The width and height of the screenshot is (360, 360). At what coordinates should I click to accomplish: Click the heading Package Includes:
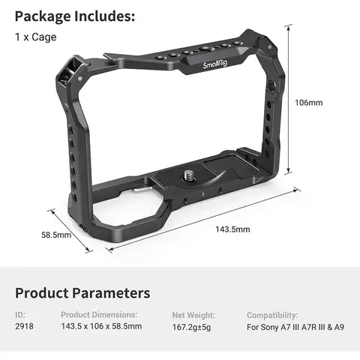click(x=75, y=16)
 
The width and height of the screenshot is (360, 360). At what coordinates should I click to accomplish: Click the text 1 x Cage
click(x=35, y=37)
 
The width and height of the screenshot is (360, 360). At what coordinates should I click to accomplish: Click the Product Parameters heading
click(x=82, y=292)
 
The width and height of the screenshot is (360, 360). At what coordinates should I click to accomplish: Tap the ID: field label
click(x=20, y=315)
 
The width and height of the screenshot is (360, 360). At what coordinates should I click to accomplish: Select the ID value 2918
click(x=24, y=328)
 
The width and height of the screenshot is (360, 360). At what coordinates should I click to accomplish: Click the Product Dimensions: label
click(x=99, y=315)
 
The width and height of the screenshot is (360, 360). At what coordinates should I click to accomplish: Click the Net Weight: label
click(x=193, y=315)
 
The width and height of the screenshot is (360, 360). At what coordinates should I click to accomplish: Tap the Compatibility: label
click(x=272, y=315)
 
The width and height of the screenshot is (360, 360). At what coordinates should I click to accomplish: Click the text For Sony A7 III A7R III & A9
click(x=296, y=328)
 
